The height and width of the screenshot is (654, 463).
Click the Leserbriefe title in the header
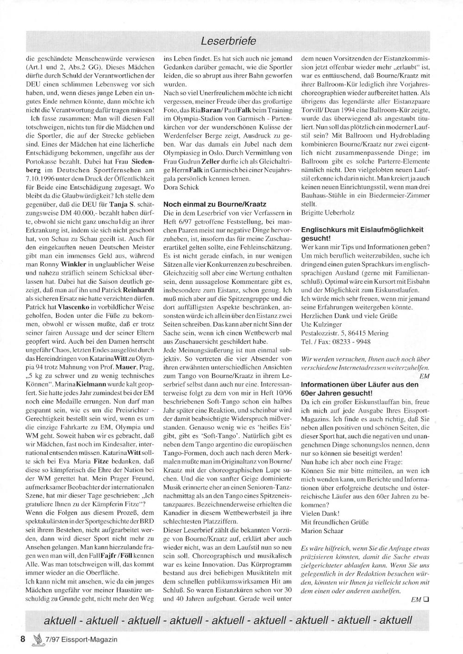pyautogui.click(x=228, y=41)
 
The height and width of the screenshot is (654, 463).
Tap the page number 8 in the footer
pyautogui.click(x=22, y=639)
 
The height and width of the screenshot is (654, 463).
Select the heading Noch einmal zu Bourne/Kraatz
pyautogui.click(x=214, y=204)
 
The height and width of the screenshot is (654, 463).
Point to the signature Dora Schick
pyautogui.click(x=181, y=187)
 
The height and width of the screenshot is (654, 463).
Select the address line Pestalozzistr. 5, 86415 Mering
pyautogui.click(x=345, y=333)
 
